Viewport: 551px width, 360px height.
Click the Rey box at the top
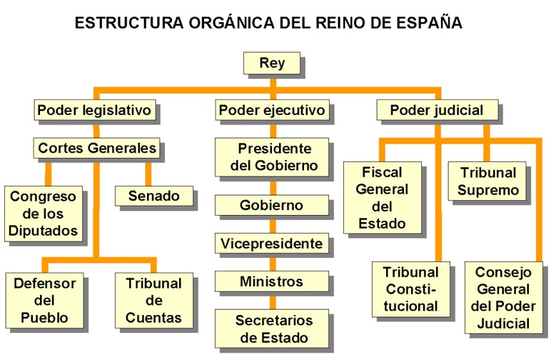tap(272, 63)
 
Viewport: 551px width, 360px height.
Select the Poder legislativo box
tap(94, 111)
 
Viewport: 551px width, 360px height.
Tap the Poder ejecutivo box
tap(272, 111)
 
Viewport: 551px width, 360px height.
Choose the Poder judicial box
tap(436, 111)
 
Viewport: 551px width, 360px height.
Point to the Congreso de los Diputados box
tap(43, 213)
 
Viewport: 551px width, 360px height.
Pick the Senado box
tap(153, 195)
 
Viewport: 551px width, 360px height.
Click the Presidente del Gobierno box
tap(272, 158)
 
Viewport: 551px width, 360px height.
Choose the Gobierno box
tap(271, 206)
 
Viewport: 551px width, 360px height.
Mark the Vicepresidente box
tap(271, 244)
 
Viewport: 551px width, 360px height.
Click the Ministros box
tap(271, 281)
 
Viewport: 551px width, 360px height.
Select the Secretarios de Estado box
tap(272, 328)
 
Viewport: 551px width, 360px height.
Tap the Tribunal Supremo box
tap(487, 181)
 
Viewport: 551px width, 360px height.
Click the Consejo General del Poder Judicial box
tap(502, 298)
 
